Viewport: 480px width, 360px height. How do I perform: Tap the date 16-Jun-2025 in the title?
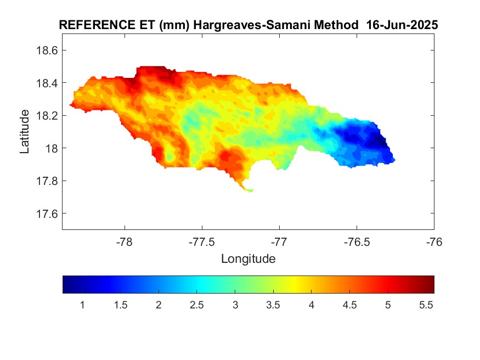point(402,25)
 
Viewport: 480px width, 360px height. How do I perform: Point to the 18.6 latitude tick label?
point(47,50)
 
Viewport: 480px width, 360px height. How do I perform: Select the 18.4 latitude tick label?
point(47,83)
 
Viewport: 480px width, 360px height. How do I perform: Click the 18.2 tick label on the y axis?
point(47,116)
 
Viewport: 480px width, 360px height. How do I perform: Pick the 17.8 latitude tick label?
point(47,181)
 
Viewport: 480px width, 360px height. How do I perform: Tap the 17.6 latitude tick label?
point(47,213)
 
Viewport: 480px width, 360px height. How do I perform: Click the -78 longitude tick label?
point(125,242)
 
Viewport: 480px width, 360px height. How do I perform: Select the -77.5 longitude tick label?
point(202,242)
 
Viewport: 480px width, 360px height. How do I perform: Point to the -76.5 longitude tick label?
point(357,242)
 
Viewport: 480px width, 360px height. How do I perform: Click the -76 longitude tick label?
point(434,242)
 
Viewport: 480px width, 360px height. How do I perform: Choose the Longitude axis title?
point(249,259)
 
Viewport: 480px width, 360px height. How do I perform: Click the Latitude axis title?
point(25,132)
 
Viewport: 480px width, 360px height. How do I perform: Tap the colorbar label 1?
point(82,305)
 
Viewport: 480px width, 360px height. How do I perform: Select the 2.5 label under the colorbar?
point(196,305)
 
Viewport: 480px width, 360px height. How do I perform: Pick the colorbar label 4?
point(312,305)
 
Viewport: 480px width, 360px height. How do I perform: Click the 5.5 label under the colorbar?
point(426,305)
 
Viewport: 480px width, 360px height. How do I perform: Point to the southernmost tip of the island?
point(250,192)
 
